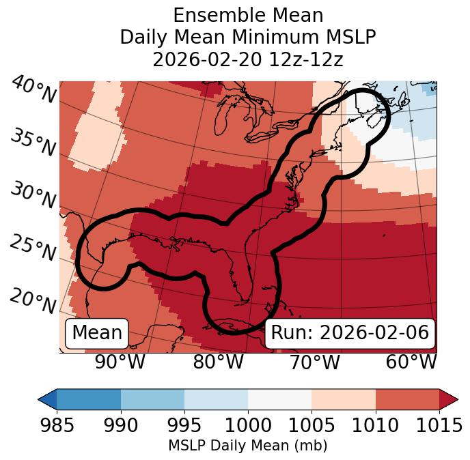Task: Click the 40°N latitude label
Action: point(33,91)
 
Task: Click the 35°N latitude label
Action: point(33,143)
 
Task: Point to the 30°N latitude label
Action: point(33,196)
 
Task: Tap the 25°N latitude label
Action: point(33,248)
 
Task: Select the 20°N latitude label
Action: point(33,301)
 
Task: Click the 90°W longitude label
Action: point(120,362)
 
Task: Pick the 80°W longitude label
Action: point(218,362)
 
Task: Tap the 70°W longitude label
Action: point(314,362)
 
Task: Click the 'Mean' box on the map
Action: point(97,333)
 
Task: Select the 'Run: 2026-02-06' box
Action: point(350,333)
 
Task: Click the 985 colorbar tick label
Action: point(57,426)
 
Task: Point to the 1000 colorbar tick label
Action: point(248,426)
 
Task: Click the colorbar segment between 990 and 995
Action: point(152,399)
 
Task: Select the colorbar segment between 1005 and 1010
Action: point(344,399)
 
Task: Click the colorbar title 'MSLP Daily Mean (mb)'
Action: point(247,446)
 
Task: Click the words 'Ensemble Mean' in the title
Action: point(247,15)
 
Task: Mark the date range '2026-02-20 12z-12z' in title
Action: point(247,59)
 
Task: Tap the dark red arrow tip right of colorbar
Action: point(449,399)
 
